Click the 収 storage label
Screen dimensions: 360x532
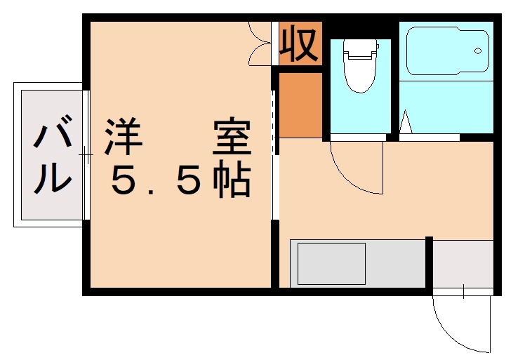300,44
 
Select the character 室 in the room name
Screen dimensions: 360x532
232,139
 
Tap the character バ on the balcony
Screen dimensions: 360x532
53,136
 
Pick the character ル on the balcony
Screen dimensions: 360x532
53,178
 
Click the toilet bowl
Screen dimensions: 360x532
359,74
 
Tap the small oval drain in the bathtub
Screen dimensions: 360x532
478,51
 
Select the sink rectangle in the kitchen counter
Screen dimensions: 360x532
331,263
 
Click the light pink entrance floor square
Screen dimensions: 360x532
463,263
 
